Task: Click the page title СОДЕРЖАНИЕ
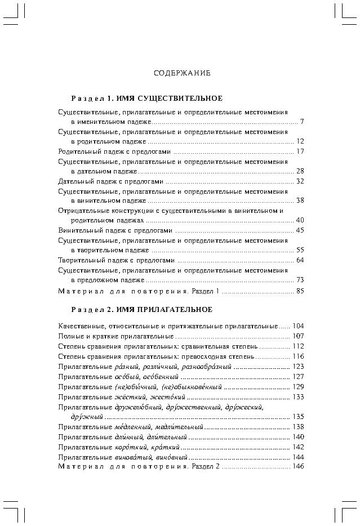pos(182,73)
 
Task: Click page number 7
pos(302,121)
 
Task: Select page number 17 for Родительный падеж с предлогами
pos(300,151)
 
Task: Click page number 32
pos(300,181)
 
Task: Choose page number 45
pos(300,230)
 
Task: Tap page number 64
pos(300,260)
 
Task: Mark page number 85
pos(300,291)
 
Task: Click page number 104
pos(298,326)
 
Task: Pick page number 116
pos(298,356)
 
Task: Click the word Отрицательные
pos(81,211)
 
